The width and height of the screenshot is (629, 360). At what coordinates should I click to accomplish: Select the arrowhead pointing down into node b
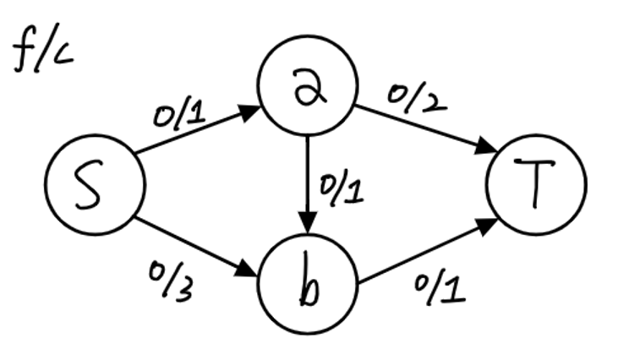308,225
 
